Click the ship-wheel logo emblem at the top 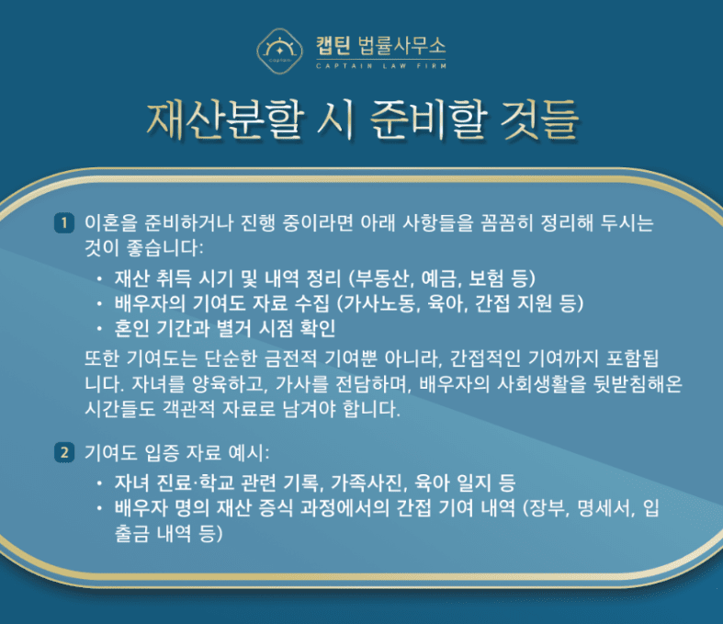click(279, 51)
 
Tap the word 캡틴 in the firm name click(333, 46)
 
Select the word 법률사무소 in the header click(401, 46)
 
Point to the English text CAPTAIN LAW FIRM click(381, 66)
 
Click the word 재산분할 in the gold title click(226, 120)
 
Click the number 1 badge click(64, 223)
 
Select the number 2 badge click(64, 452)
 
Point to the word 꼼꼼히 click(506, 223)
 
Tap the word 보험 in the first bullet click(486, 278)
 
